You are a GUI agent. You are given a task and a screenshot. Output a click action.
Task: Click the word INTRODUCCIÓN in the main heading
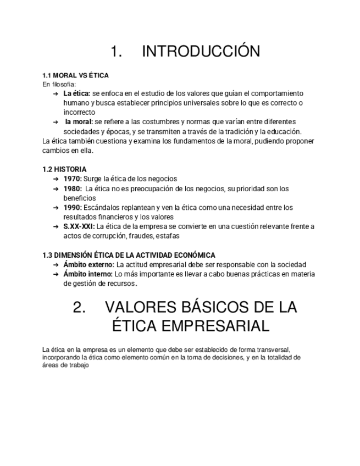[x=201, y=52]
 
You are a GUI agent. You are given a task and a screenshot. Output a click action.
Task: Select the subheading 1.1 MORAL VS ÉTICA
[x=75, y=75]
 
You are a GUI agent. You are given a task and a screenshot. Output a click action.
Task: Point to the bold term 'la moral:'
[x=79, y=122]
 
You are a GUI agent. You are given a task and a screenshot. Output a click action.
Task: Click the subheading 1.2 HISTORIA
[x=64, y=169]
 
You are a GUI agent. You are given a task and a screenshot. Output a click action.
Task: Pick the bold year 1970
[x=73, y=179]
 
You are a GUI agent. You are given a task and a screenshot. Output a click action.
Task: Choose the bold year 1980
[x=73, y=188]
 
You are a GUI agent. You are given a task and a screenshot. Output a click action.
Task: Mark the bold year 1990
[x=73, y=208]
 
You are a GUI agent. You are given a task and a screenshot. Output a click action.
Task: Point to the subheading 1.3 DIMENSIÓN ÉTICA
[x=129, y=255]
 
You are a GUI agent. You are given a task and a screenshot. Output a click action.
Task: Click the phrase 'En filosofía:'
[x=59, y=84]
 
